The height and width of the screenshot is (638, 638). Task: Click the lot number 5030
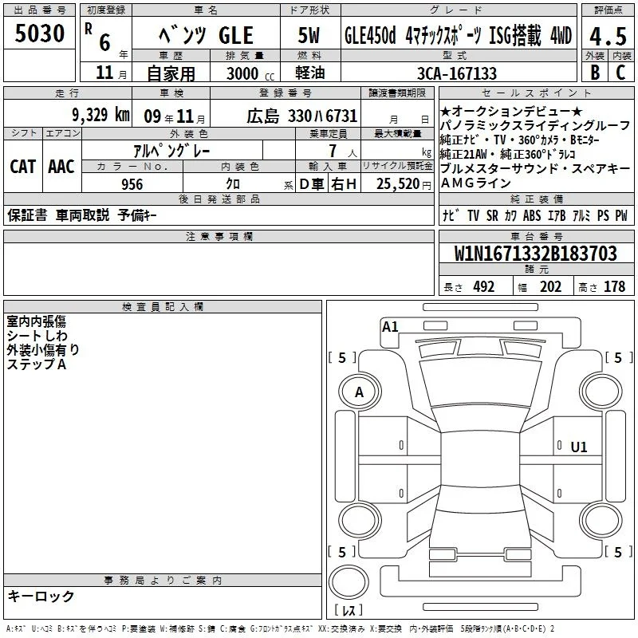[40, 33]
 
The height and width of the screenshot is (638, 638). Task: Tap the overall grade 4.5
[608, 36]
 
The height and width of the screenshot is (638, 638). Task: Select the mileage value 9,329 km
[100, 115]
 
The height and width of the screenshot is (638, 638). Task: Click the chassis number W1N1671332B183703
[535, 254]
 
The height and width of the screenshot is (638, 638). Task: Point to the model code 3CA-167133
[456, 73]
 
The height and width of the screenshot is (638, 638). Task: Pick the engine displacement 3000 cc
[250, 73]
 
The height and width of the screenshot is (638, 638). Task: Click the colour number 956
[132, 184]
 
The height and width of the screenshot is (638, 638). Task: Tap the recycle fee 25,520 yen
[404, 184]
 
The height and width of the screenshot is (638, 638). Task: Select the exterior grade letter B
[595, 73]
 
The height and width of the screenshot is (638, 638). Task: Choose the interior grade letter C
[620, 73]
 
